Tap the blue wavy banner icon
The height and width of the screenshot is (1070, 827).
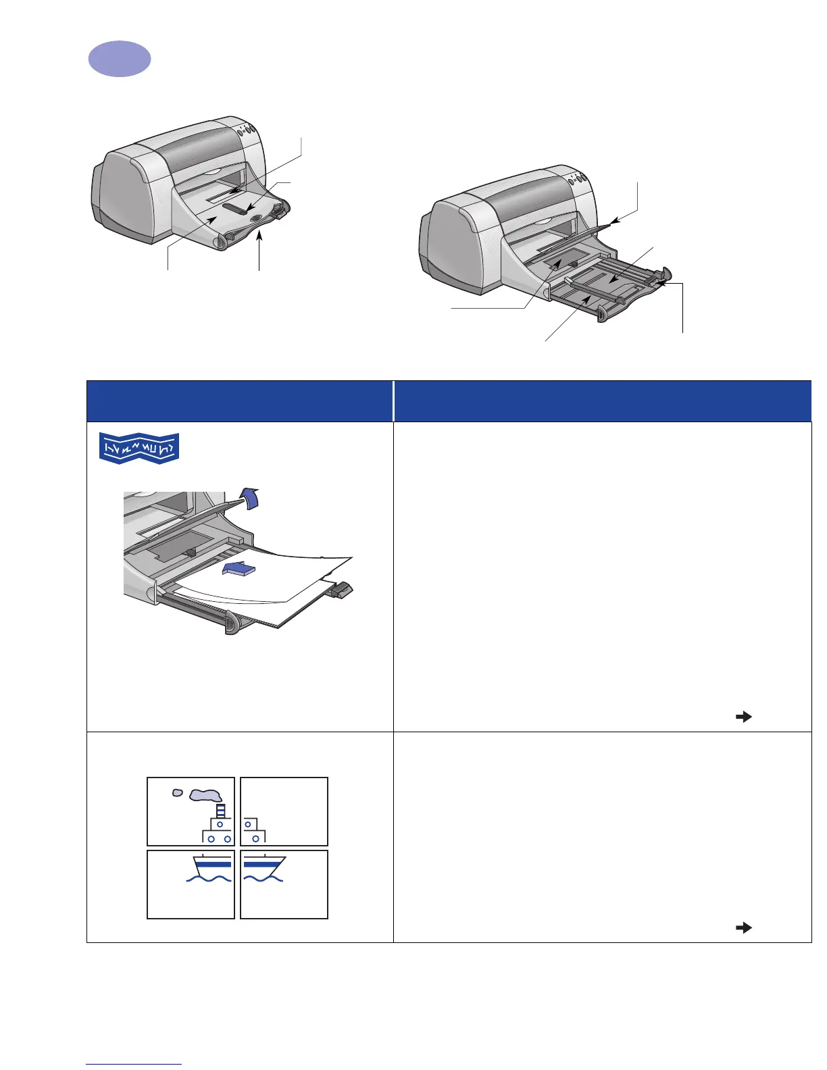click(x=139, y=449)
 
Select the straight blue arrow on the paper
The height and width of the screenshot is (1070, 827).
click(x=239, y=570)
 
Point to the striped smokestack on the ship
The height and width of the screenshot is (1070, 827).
click(x=220, y=811)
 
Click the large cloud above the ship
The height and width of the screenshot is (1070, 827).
click(x=206, y=795)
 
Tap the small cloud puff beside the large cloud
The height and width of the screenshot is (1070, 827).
click(x=177, y=792)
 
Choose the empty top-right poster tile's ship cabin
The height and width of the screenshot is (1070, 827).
click(x=251, y=831)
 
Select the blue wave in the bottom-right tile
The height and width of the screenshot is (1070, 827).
click(x=264, y=879)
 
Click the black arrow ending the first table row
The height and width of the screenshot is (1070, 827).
click(x=743, y=717)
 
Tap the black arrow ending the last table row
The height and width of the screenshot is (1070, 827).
click(x=743, y=928)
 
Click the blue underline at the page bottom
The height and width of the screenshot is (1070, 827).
click(x=134, y=1065)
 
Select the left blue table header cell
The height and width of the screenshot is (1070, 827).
click(x=240, y=401)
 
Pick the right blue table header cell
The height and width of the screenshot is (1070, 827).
click(x=602, y=401)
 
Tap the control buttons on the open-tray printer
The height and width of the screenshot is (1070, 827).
click(x=575, y=178)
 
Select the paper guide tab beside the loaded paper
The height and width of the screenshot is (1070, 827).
click(x=342, y=590)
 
